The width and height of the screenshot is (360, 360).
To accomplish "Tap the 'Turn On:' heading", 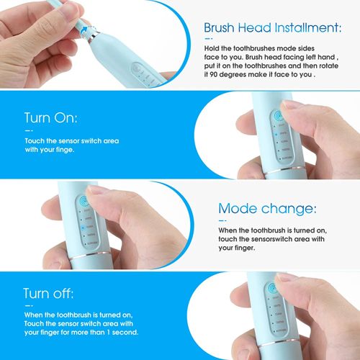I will click(x=50, y=118).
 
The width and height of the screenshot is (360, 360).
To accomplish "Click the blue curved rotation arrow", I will click(x=87, y=30).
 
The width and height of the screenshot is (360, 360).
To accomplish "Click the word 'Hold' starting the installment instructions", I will click(x=214, y=48).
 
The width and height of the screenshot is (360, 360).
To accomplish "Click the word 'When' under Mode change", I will click(x=228, y=230).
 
